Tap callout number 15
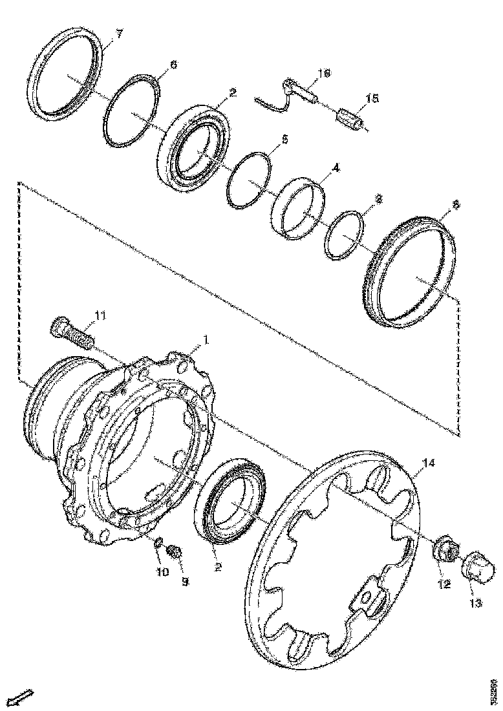coord(372,98)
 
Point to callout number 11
coord(100,315)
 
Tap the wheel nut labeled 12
coord(444,549)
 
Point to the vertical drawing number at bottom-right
coord(493,691)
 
